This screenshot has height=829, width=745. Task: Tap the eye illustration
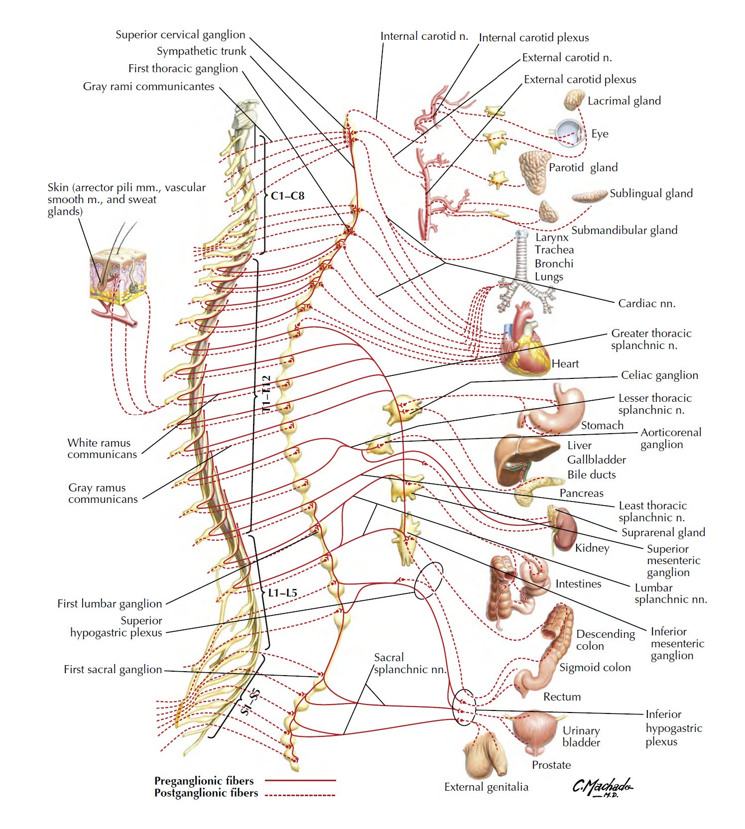pyautogui.click(x=570, y=133)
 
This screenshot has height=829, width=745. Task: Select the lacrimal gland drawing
pyautogui.click(x=574, y=100)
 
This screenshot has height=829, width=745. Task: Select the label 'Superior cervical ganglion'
pyautogui.click(x=180, y=35)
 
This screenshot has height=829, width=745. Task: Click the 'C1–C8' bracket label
pyautogui.click(x=287, y=196)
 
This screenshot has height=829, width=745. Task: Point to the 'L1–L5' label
pyautogui.click(x=282, y=592)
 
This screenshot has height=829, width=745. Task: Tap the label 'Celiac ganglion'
pyautogui.click(x=659, y=375)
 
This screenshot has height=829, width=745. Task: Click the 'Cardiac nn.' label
pyautogui.click(x=646, y=304)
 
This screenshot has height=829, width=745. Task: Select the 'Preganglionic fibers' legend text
pyautogui.click(x=204, y=780)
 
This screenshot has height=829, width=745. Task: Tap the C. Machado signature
pyautogui.click(x=602, y=787)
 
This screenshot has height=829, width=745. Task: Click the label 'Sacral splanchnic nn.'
pyautogui.click(x=409, y=663)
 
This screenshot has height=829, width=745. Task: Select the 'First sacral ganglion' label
pyautogui.click(x=113, y=670)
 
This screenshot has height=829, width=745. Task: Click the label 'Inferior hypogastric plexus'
pyautogui.click(x=673, y=728)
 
